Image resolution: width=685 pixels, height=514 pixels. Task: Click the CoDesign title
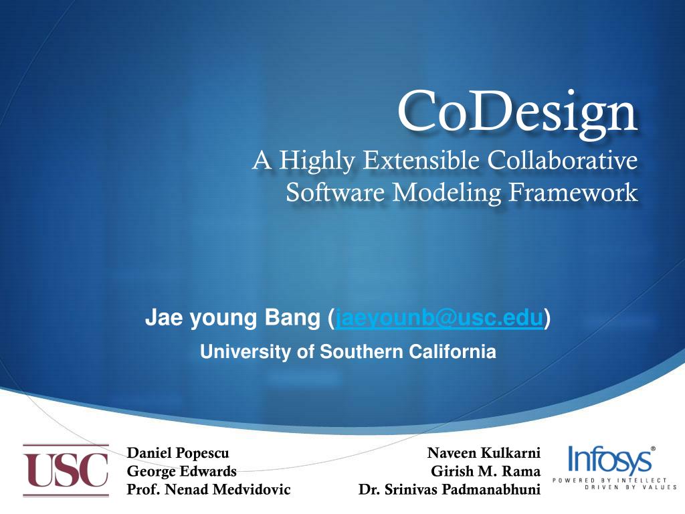click(x=517, y=112)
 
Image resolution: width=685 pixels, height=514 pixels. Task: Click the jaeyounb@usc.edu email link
click(x=439, y=320)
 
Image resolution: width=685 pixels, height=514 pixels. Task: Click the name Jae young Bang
click(x=233, y=320)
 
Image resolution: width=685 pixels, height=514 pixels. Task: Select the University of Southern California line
click(x=348, y=351)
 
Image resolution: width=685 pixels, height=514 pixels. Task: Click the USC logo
click(x=66, y=471)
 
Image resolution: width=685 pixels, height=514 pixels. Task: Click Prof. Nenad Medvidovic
click(x=209, y=489)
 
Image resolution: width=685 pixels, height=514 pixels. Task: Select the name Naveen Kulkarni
click(x=484, y=454)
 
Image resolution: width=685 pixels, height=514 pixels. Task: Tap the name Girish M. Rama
click(x=486, y=471)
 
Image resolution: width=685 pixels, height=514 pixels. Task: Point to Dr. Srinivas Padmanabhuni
click(x=449, y=489)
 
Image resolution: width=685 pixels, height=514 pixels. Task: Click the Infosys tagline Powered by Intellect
click(x=609, y=481)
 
